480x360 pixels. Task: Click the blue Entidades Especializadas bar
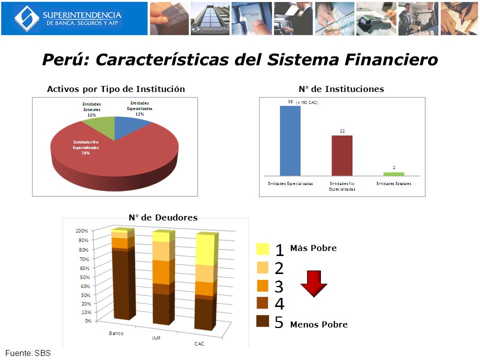(290, 140)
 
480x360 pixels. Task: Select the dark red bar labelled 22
(342, 155)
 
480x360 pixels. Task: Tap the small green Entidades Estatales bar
(394, 174)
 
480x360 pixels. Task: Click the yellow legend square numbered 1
(263, 249)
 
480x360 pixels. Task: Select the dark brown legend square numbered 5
(263, 321)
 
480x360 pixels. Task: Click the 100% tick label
(81, 230)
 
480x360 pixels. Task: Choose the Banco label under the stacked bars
(116, 333)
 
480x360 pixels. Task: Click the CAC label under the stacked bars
(199, 343)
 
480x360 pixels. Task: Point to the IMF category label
(156, 338)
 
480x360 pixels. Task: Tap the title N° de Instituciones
(341, 89)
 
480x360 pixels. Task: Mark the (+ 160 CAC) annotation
(307, 102)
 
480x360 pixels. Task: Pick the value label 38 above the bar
(290, 101)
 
